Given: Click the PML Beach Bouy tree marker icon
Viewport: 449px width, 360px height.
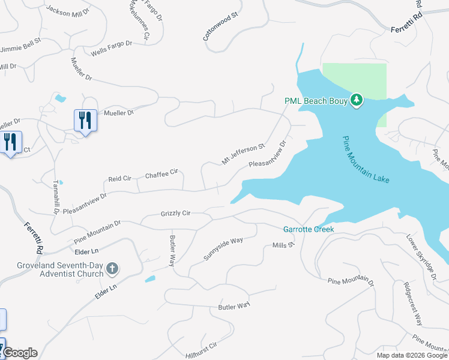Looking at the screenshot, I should [x=357, y=100].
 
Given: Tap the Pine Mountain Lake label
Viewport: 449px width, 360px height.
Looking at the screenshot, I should [x=366, y=160].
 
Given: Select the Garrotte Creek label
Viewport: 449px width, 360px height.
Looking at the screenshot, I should [x=308, y=229].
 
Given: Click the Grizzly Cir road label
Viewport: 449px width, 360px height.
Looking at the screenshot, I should [x=175, y=214].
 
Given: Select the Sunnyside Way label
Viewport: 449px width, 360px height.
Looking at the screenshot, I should [x=223, y=248].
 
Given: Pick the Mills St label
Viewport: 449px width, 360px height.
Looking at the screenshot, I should [x=284, y=245].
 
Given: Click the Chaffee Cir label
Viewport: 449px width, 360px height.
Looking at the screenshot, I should [x=162, y=173].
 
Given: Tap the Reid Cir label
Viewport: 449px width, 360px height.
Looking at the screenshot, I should [x=119, y=179].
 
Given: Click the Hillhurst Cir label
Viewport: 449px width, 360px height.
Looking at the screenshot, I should [x=200, y=348].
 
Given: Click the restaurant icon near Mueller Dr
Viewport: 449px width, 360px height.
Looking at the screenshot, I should [x=86, y=120].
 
